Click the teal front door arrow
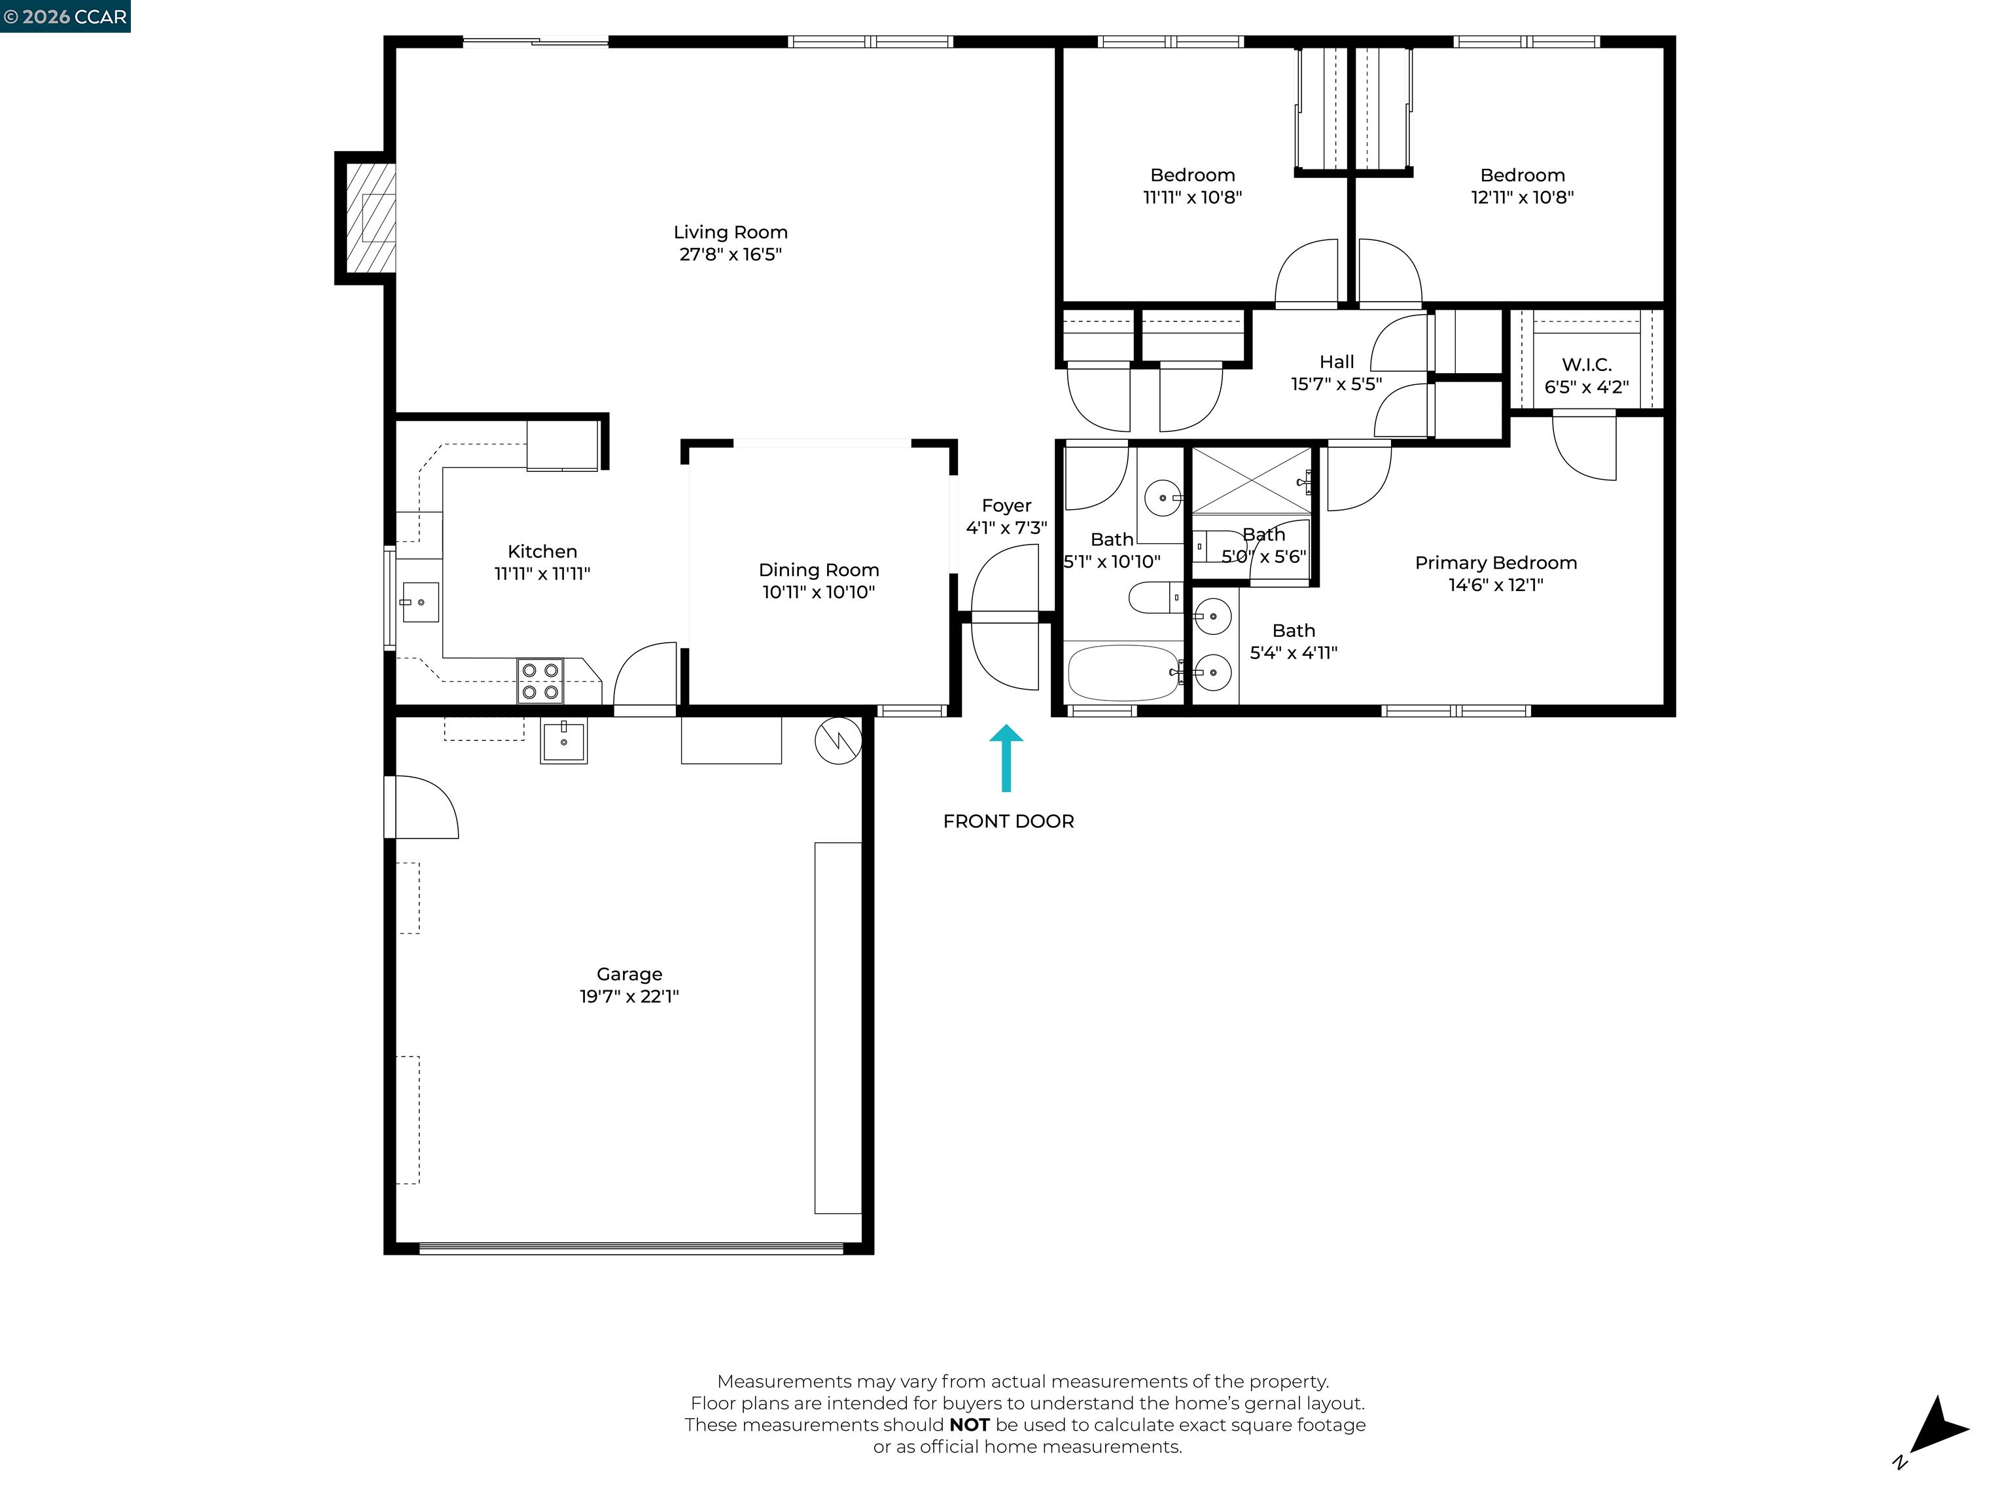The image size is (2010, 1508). pos(1006,757)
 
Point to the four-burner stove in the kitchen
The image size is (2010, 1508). pos(540,681)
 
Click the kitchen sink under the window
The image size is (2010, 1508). pos(420,601)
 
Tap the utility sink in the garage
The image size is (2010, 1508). pos(563,740)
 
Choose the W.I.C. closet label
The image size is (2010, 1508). pos(1587,365)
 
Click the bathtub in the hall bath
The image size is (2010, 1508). pos(1123,673)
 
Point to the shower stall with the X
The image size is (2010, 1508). pos(1250,482)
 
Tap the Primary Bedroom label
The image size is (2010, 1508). pos(1496,563)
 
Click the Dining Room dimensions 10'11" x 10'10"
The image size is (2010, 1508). pos(818,592)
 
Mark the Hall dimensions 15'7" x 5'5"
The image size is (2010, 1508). pos(1336,384)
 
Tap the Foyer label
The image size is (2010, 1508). pos(1006,505)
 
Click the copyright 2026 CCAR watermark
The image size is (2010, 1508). pos(65,16)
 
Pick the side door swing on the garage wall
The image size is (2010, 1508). pos(423,807)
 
